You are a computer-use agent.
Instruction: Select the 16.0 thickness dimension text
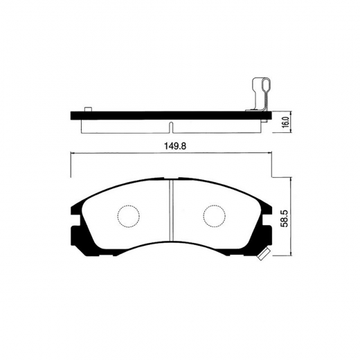285,123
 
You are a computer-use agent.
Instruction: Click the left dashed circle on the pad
127,216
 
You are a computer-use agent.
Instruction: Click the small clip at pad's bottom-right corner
262,255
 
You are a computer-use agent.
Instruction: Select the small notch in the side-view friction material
170,127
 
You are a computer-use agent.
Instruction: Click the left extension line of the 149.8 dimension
71,166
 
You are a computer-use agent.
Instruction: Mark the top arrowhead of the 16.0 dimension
275,113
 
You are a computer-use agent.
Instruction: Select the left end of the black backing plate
73,114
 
